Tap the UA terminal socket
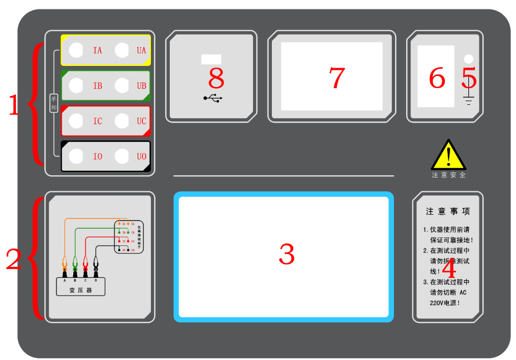(122, 50)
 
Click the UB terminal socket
(122, 85)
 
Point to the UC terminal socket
(122, 121)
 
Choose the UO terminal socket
(122, 156)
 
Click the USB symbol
(213, 98)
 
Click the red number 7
(337, 78)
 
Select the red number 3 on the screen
(286, 254)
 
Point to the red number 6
(437, 78)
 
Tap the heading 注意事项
(448, 211)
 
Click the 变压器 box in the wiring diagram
(80, 290)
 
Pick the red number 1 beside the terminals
(14, 105)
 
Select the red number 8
(216, 78)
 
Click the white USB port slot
(211, 59)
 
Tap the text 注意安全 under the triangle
(449, 175)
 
